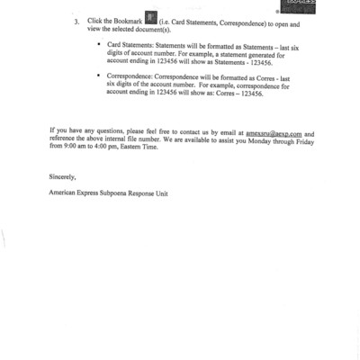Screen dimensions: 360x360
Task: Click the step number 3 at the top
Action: (76, 20)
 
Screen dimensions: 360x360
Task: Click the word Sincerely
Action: (65, 178)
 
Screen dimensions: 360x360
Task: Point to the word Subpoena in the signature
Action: (121, 193)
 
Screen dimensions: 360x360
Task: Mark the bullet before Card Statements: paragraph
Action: (98, 43)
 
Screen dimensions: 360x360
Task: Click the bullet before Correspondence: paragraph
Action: (98, 77)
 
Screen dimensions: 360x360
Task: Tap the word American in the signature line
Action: (66, 193)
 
